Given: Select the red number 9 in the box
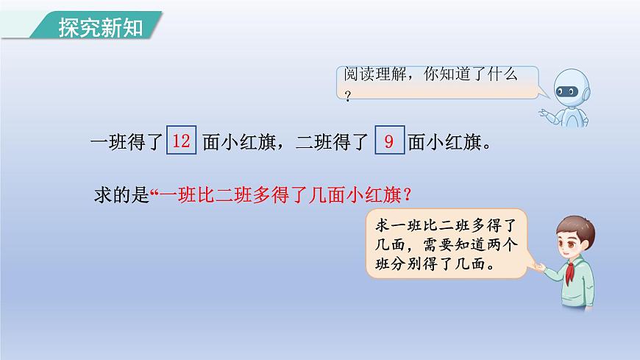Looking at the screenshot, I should pyautogui.click(x=389, y=141).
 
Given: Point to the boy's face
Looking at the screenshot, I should pyautogui.click(x=577, y=240).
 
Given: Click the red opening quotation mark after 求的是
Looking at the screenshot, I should pyautogui.click(x=154, y=193).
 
